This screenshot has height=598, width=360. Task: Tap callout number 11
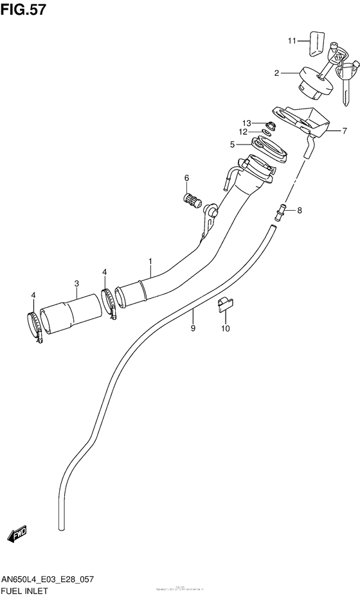click(x=291, y=40)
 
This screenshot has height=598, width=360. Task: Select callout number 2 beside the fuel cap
click(x=276, y=73)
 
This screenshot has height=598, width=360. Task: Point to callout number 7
click(x=344, y=130)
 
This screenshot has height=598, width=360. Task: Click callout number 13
click(x=246, y=123)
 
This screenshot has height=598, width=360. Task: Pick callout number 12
click(x=244, y=132)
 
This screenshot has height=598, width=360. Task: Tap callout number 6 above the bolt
click(x=186, y=178)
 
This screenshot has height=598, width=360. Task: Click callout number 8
click(x=299, y=210)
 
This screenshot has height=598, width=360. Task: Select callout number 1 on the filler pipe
click(x=150, y=261)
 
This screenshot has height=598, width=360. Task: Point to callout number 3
click(x=76, y=283)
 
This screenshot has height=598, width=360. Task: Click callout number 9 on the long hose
click(x=192, y=328)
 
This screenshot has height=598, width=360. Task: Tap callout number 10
click(x=226, y=330)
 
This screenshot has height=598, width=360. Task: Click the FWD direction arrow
click(x=17, y=535)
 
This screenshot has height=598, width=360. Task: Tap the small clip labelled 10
click(x=226, y=304)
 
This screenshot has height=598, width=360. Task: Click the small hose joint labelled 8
click(x=280, y=208)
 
